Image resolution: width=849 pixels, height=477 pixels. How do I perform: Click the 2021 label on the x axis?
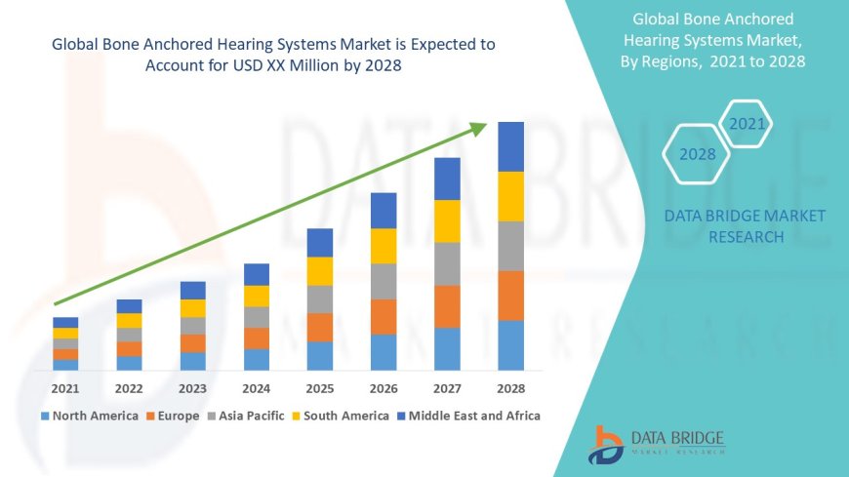pyautogui.click(x=65, y=388)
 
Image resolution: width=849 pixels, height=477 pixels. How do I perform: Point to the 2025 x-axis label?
pyautogui.click(x=320, y=388)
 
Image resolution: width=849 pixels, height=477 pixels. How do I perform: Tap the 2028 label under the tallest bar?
pyautogui.click(x=510, y=388)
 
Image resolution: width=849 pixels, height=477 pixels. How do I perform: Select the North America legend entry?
pyautogui.click(x=89, y=416)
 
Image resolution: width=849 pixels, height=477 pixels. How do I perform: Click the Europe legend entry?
pyautogui.click(x=176, y=416)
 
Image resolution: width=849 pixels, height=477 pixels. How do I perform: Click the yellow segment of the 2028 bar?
pyautogui.click(x=510, y=196)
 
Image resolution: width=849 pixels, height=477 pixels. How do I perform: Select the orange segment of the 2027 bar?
pyautogui.click(x=447, y=306)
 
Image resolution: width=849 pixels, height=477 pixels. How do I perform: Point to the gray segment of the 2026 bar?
pyautogui.click(x=384, y=281)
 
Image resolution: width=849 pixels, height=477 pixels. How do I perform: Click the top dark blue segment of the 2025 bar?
pyautogui.click(x=320, y=243)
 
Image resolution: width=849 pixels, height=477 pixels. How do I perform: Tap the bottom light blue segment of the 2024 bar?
pyautogui.click(x=257, y=360)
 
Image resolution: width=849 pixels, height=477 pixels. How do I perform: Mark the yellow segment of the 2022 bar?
pyautogui.click(x=129, y=320)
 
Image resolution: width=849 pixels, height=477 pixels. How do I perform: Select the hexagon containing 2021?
pyautogui.click(x=747, y=124)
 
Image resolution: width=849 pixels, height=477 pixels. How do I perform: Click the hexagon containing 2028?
pyautogui.click(x=697, y=154)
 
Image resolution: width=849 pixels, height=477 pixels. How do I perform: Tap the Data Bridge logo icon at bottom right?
pyautogui.click(x=606, y=445)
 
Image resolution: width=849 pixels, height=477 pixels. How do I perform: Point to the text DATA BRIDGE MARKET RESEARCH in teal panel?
pyautogui.click(x=745, y=226)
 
